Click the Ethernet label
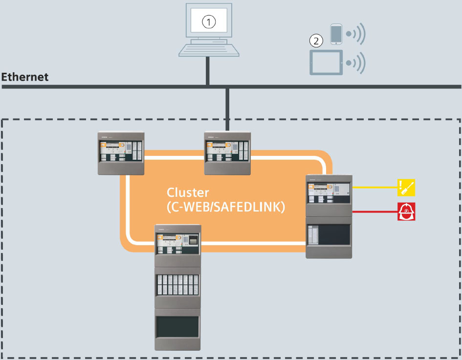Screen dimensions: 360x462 click(25, 77)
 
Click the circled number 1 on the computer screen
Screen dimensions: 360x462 click(209, 22)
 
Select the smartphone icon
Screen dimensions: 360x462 click(335, 34)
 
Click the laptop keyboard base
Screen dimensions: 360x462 click(208, 49)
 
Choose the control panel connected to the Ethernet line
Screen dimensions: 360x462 click(227, 153)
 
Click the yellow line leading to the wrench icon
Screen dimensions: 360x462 click(374, 187)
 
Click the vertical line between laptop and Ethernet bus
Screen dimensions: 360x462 click(208, 71)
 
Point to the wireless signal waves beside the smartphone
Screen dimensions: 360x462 click(356, 34)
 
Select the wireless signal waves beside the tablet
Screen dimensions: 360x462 click(356, 63)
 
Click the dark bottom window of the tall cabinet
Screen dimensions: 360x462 click(177, 327)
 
